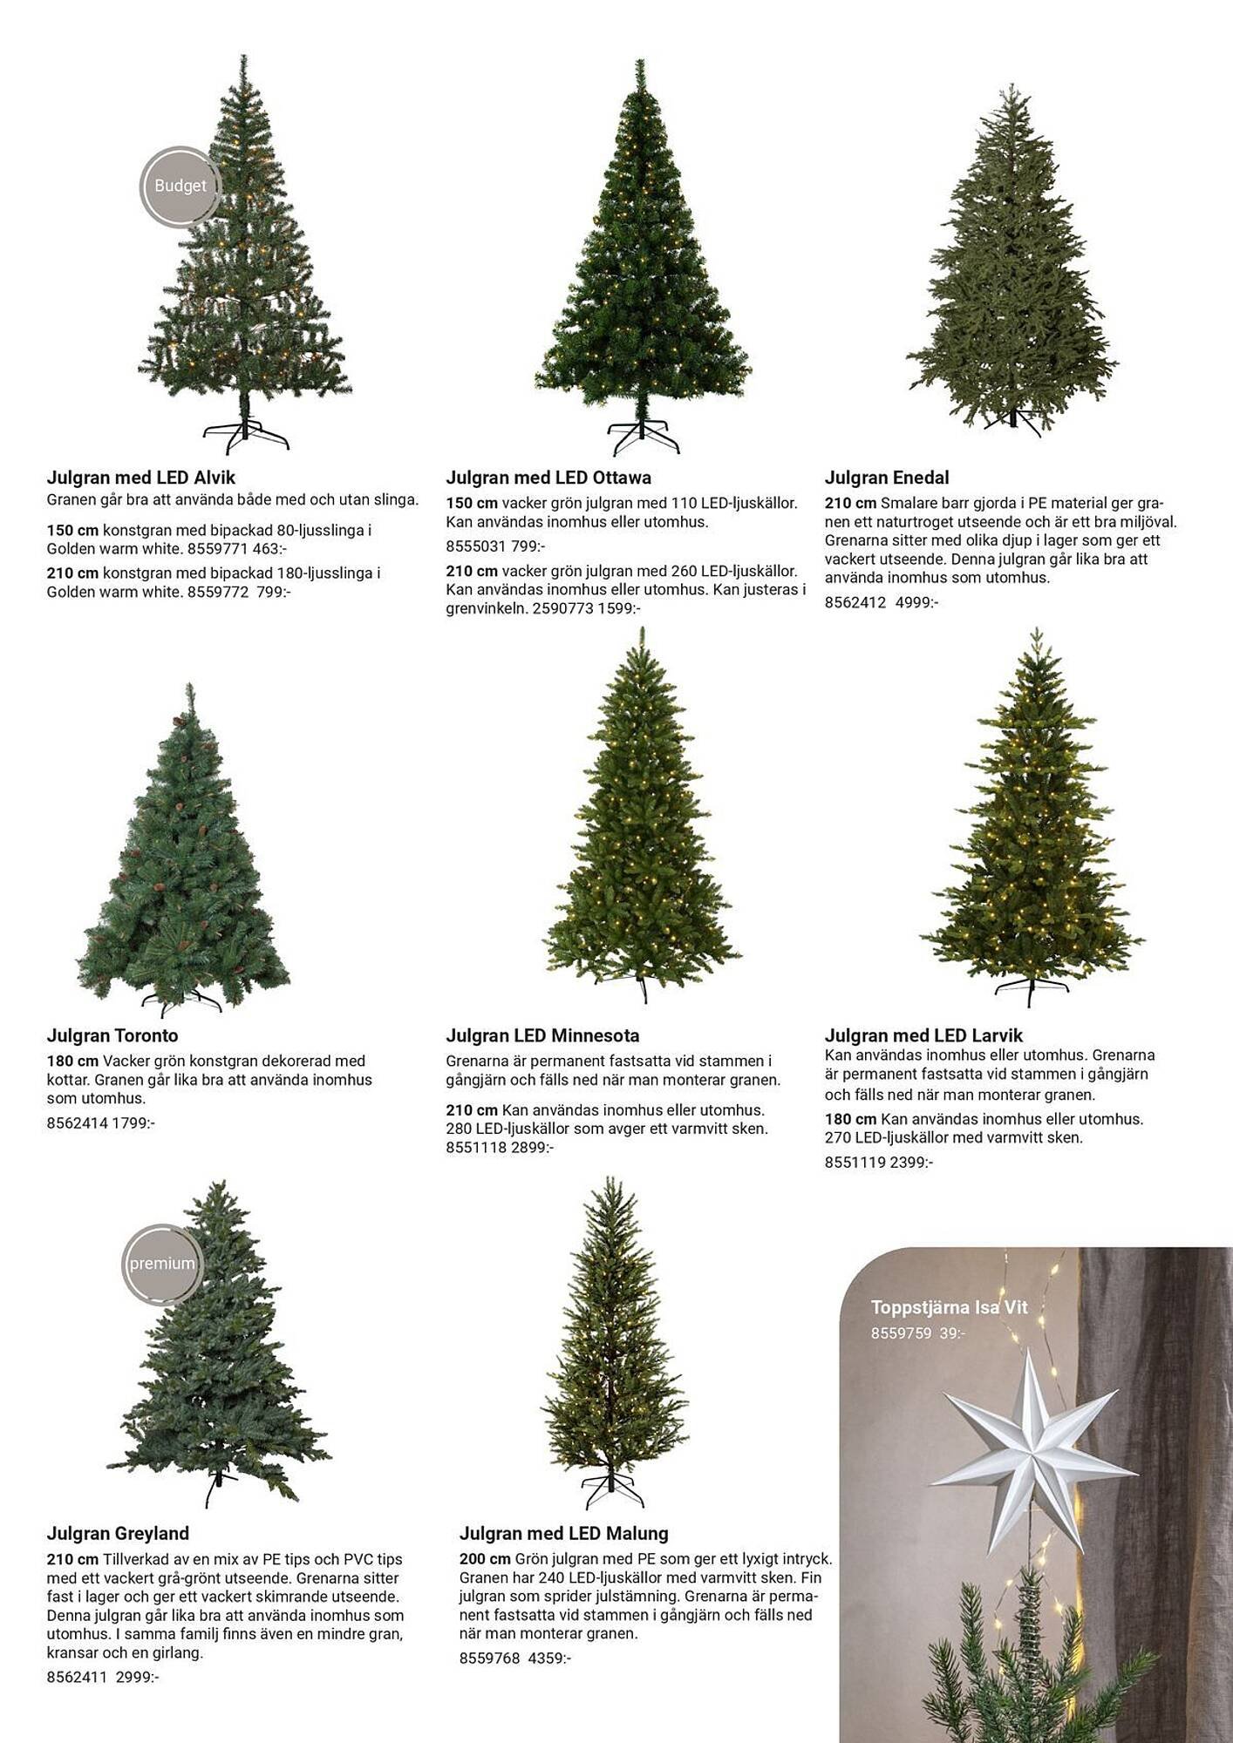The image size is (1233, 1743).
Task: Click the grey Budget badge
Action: click(x=180, y=187)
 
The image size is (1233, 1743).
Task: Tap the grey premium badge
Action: click(x=162, y=1264)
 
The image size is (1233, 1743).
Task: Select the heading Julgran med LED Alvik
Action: click(x=141, y=478)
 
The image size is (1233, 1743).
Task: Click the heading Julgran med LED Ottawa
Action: click(x=548, y=478)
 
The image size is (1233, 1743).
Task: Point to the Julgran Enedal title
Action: click(x=887, y=478)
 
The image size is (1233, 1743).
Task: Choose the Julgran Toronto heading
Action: click(x=112, y=1035)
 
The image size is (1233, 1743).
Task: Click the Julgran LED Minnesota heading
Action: click(x=542, y=1035)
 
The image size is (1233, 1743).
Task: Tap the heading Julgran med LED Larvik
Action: click(x=923, y=1035)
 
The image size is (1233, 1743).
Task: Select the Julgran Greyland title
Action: click(x=118, y=1533)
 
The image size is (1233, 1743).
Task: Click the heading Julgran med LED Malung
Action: click(x=563, y=1533)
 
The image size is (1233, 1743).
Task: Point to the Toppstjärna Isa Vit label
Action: click(x=949, y=1307)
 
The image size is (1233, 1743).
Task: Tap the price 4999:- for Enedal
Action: click(x=916, y=602)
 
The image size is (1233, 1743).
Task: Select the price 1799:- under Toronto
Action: click(x=133, y=1123)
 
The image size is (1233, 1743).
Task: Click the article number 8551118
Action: click(x=476, y=1148)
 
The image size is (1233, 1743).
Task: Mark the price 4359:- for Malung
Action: click(x=549, y=1658)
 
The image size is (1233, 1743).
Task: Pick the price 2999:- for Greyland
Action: click(x=138, y=1677)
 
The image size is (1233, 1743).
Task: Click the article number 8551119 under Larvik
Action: click(x=855, y=1162)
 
